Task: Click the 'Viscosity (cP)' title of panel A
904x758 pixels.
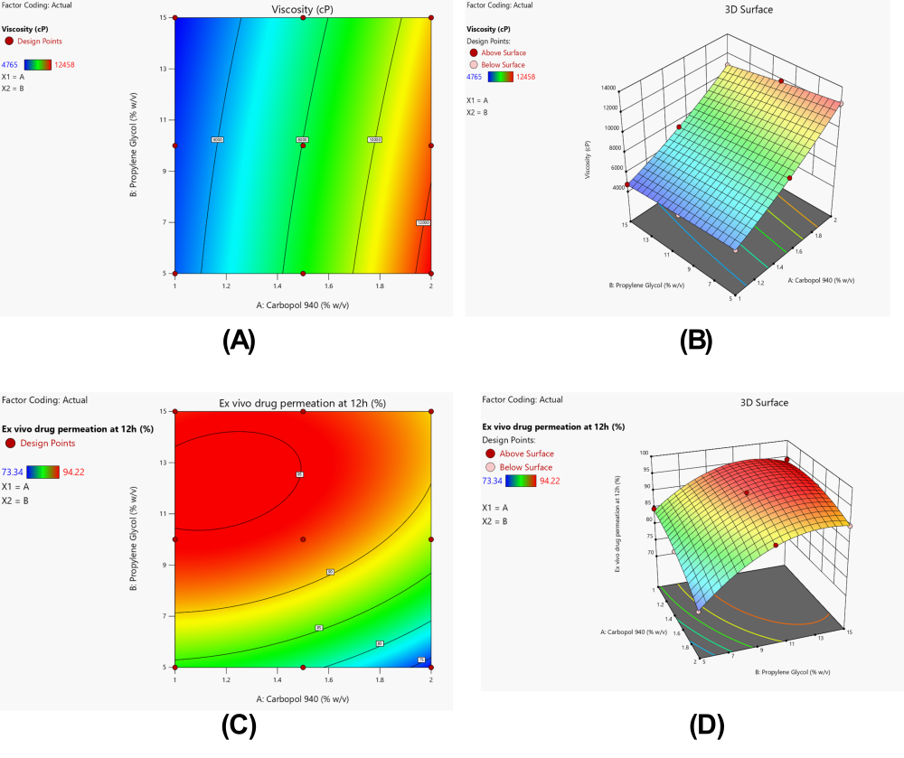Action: point(303,9)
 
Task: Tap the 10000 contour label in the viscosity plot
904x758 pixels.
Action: point(374,140)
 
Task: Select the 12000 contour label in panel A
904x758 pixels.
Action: point(423,222)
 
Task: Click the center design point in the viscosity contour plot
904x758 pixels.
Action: point(303,145)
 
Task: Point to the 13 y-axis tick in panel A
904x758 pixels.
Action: point(164,68)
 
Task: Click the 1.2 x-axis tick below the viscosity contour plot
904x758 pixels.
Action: point(226,286)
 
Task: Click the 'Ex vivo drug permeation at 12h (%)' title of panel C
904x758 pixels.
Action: point(303,403)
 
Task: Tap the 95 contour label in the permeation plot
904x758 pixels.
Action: point(298,474)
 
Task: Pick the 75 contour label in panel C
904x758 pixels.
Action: point(421,660)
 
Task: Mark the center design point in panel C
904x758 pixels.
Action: point(303,539)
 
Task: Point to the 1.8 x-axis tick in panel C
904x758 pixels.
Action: point(380,680)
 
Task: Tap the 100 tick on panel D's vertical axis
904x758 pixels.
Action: point(618,454)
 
